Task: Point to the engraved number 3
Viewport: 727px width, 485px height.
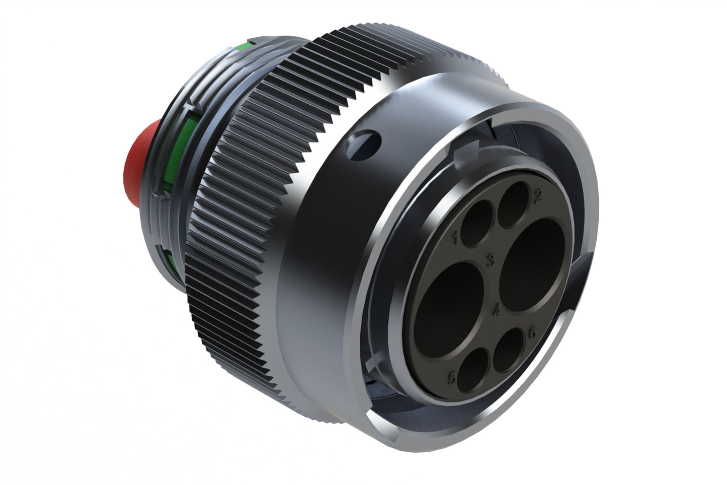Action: (491, 260)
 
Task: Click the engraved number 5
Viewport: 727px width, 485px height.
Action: (452, 378)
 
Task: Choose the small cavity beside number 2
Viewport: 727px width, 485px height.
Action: (513, 203)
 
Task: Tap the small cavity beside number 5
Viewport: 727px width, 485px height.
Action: (473, 371)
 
